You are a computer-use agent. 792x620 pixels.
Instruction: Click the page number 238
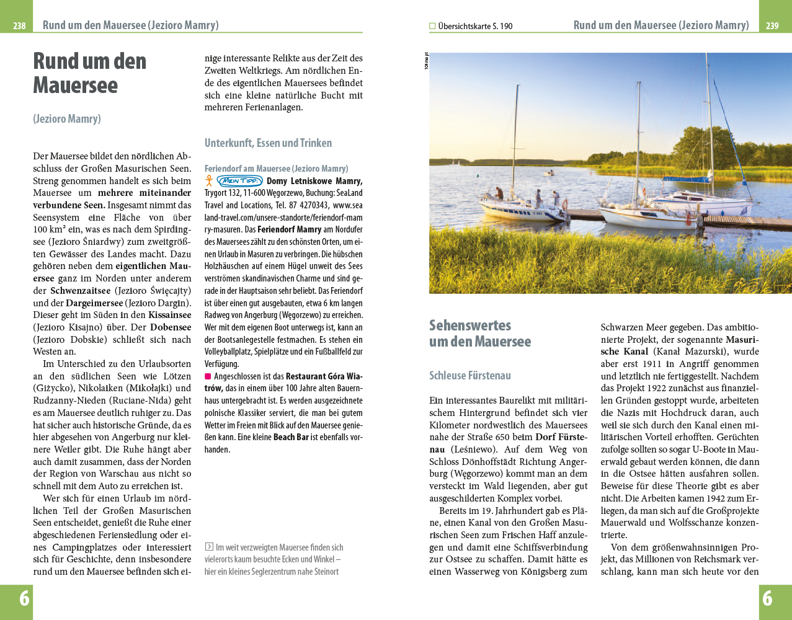tap(19, 26)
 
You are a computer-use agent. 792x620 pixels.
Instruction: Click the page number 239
tap(772, 26)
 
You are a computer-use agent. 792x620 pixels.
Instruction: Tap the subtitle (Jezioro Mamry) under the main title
tap(67, 118)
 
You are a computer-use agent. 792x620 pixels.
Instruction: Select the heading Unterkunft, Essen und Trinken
tap(268, 143)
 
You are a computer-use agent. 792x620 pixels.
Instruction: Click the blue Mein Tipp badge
tap(240, 181)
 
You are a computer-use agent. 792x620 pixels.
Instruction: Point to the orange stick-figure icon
tap(210, 180)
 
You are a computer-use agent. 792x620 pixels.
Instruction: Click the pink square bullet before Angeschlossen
tap(208, 376)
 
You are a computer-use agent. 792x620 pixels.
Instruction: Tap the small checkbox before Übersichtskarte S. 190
tap(432, 26)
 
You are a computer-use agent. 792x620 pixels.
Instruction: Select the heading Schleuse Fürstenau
tap(470, 376)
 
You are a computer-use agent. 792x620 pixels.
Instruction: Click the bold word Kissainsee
tap(170, 315)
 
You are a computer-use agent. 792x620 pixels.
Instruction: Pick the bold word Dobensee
tap(171, 327)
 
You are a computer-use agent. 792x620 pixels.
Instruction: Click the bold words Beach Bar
tap(291, 437)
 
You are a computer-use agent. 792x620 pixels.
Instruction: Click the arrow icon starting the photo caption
tap(209, 547)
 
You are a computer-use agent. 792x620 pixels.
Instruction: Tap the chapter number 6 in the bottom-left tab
tap(24, 598)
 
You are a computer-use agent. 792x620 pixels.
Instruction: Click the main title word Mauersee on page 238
tap(75, 86)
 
